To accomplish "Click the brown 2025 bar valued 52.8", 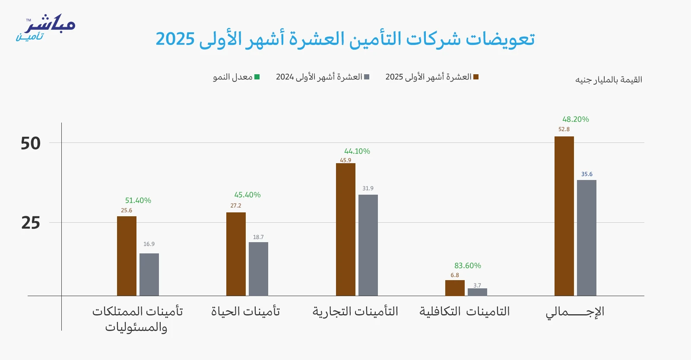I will (564, 216).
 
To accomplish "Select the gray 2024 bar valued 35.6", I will (586, 238).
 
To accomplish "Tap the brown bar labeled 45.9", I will (345, 229).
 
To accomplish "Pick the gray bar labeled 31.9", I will (368, 245).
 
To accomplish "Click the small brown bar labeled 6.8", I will (455, 288).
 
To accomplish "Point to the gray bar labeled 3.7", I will (477, 292).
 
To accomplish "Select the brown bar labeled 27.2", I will (236, 254).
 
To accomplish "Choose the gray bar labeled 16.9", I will (149, 275).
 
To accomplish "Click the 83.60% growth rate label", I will (467, 265).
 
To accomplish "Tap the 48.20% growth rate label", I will (575, 119).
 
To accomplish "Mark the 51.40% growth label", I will (138, 200).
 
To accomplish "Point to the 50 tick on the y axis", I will (31, 143).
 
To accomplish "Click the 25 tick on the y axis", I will (31, 223).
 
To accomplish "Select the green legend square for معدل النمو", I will (257, 77).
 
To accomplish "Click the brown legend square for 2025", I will (476, 77).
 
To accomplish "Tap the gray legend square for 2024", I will (367, 77).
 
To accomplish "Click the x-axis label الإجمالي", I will (575, 312).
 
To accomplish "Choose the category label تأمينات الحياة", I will (245, 311).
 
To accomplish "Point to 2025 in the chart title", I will (175, 39).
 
